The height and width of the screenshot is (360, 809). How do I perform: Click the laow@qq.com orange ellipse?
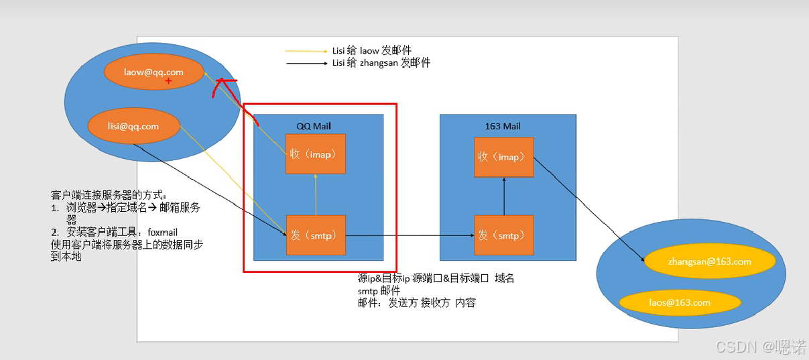coord(153,72)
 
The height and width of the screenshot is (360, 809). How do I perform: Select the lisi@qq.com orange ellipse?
coord(133,126)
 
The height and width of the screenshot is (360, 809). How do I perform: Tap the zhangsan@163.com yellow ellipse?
coord(709,261)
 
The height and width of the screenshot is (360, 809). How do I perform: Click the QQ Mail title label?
coord(314,126)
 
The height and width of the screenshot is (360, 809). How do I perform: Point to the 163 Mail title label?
coord(502,126)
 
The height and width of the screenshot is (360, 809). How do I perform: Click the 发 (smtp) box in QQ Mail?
coord(316,235)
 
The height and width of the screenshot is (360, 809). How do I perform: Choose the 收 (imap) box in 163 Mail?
coord(503,157)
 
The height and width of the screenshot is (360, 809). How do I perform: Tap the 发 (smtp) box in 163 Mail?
coord(503,235)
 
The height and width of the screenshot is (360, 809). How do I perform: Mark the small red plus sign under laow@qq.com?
coord(168,81)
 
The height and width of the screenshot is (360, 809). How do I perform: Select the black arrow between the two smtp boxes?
coord(410,235)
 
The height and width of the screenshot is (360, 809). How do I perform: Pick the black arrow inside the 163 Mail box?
coord(503,196)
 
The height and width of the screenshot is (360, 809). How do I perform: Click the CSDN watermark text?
coord(761,347)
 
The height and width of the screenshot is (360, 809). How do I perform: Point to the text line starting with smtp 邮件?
coord(379,291)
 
